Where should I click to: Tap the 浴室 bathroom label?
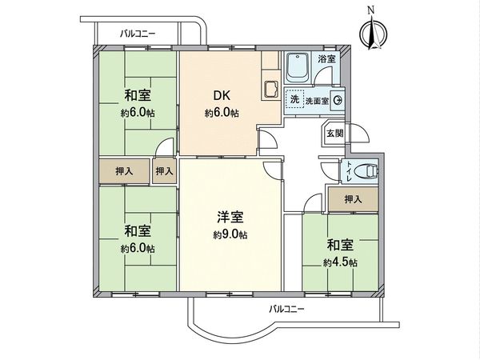326,58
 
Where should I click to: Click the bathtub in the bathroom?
298,67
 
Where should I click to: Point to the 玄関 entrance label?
334,134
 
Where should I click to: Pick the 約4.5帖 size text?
341,262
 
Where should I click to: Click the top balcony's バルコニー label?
138,34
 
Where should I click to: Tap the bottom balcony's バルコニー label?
286,308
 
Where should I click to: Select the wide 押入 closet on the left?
123,170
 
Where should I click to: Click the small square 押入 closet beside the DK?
164,170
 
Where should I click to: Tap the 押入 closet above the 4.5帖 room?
352,198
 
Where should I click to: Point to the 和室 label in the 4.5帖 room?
341,245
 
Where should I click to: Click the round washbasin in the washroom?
338,101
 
